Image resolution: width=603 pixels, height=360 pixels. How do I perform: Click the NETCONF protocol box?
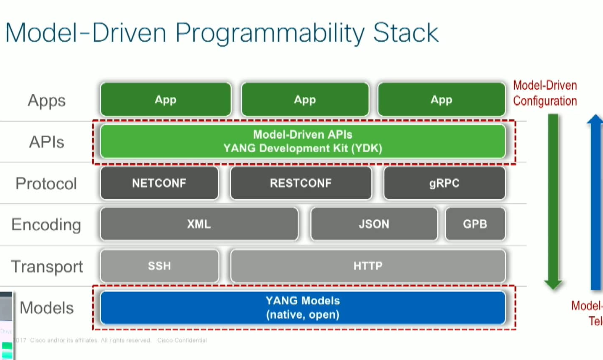pos(159,183)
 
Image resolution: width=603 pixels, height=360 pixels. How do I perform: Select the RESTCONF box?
pos(301,183)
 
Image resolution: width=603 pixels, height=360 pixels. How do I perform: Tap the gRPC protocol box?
pos(444,183)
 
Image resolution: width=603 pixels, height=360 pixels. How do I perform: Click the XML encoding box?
pos(199,224)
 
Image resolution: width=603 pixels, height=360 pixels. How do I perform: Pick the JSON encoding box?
pos(374,224)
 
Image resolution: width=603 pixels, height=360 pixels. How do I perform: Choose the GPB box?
pos(475,224)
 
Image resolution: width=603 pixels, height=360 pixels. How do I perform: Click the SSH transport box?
pos(159,266)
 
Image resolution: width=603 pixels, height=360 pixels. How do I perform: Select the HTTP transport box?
pos(368,266)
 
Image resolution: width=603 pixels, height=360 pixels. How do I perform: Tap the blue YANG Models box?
pos(303,307)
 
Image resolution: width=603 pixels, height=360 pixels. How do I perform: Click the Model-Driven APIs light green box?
pos(303,141)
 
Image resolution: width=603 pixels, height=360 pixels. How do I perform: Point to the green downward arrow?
pos(553,202)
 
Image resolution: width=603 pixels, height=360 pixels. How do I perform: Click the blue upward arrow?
pos(595,202)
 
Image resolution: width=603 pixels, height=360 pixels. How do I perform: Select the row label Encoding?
pos(46,225)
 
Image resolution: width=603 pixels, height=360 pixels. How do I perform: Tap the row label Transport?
pos(47,267)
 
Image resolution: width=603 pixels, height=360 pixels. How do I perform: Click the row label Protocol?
pos(46,184)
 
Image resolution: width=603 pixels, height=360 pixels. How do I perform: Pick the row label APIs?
pos(47,142)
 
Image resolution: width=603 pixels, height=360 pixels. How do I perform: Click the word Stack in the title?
pos(405,33)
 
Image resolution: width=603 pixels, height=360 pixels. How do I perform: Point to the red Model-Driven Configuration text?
pos(545,93)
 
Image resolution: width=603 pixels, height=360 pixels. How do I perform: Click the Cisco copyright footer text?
pos(111,340)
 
